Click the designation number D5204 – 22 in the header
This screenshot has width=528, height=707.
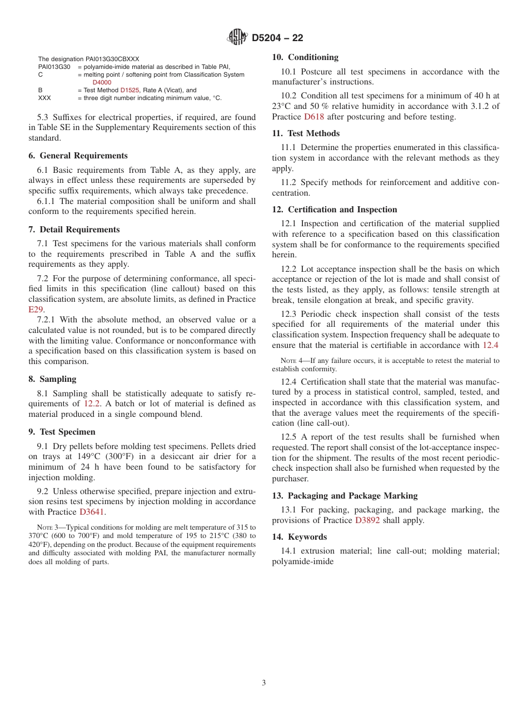click(277, 38)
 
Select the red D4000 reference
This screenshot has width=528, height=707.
click(102, 82)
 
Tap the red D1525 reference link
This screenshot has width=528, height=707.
click(129, 90)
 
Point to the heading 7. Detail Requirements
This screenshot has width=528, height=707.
click(74, 230)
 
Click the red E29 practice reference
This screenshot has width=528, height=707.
click(36, 310)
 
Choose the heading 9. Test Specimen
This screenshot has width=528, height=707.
click(62, 432)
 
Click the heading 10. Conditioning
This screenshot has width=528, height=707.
click(305, 57)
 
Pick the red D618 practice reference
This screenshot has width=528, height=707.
click(313, 117)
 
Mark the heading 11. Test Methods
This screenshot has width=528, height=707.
click(306, 133)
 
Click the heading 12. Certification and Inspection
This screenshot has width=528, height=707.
click(335, 210)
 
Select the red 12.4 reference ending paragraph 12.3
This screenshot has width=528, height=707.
click(490, 345)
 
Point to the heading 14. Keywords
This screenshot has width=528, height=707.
click(299, 537)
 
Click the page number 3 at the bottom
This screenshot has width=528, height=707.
click(264, 683)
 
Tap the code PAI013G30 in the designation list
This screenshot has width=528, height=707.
click(54, 67)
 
